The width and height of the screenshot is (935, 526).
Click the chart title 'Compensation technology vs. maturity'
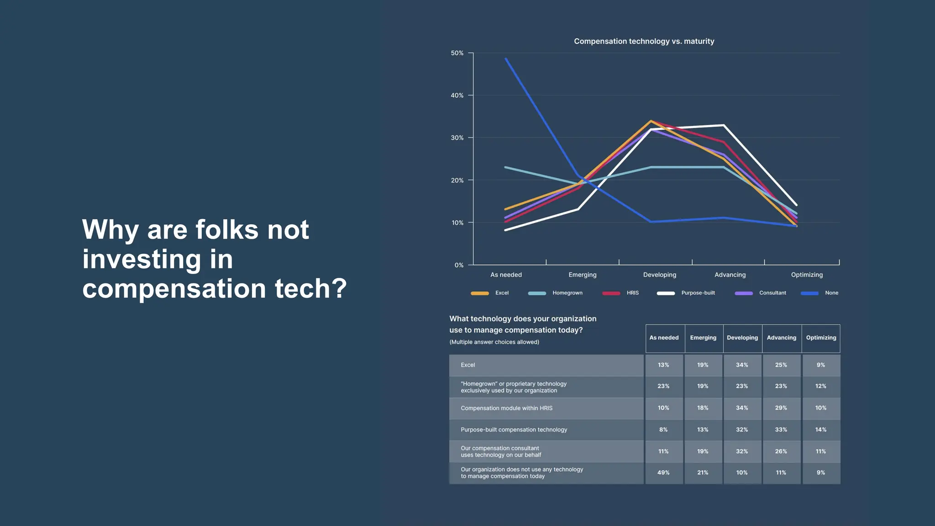click(644, 41)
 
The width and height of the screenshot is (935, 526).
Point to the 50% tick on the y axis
click(457, 53)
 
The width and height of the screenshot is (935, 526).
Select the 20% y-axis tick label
click(457, 180)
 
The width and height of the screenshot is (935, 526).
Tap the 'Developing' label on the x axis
click(659, 275)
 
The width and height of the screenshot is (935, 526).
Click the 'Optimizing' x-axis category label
click(807, 275)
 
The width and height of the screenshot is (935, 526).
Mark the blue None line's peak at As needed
click(506, 58)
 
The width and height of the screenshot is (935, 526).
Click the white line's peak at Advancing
click(724, 125)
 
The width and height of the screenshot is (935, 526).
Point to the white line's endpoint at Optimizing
click(796, 205)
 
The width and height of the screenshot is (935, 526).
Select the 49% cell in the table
click(663, 473)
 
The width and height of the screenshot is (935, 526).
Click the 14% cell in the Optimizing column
click(820, 430)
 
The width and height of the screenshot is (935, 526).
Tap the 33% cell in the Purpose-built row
click(781, 430)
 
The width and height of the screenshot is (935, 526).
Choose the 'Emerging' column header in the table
click(703, 338)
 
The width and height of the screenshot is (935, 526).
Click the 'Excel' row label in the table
click(467, 365)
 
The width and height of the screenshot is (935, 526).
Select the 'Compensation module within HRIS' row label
click(506, 408)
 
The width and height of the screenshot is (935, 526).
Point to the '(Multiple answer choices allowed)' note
click(494, 342)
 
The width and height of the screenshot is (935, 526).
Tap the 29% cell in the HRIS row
click(781, 408)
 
